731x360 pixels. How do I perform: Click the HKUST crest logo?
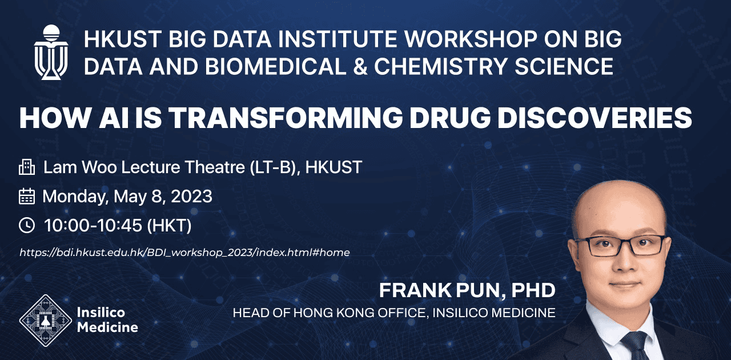pos(51,52)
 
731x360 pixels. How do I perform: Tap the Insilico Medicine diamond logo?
pos(46,320)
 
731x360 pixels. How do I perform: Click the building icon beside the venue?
pos(27,167)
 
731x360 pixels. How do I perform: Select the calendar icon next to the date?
pos(27,197)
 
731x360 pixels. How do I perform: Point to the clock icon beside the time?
pos(27,225)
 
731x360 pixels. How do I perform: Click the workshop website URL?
pos(184,253)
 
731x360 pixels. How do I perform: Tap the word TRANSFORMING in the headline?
pos(287,118)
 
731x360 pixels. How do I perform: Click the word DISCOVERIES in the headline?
pos(595,118)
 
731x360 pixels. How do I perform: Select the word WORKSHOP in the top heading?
pos(471,39)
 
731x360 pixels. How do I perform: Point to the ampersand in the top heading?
pos(360,66)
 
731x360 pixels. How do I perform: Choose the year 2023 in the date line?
pos(191,197)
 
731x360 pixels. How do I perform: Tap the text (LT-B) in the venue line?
pos(275,167)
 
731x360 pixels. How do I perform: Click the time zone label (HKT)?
pos(170,226)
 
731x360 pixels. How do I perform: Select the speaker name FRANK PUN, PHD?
pos(467,290)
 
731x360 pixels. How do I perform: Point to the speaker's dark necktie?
pos(635,346)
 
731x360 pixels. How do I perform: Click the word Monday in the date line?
pos(75,197)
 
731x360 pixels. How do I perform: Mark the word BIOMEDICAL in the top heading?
pos(275,66)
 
